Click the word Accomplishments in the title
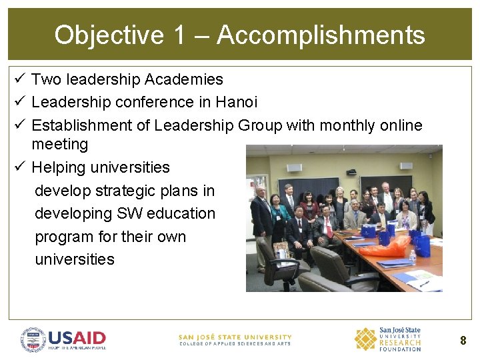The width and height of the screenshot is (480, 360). (321, 35)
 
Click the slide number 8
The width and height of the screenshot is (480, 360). (463, 341)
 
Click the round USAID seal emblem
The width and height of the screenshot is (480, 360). (33, 339)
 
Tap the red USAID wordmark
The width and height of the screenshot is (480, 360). (77, 337)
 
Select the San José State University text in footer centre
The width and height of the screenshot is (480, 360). (235, 337)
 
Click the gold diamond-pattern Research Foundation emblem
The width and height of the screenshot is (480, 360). (365, 339)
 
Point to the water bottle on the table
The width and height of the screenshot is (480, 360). (413, 257)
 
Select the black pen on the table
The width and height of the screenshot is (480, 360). (425, 283)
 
